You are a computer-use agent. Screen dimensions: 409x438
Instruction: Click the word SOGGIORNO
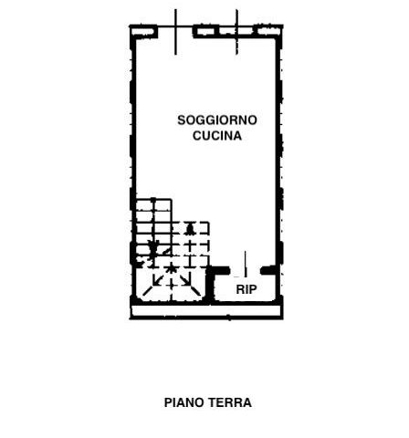click(217, 120)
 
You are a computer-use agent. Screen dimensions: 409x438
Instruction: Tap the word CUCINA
click(217, 136)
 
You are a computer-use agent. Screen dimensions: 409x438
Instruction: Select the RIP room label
click(246, 289)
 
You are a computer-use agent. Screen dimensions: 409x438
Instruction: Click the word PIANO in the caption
click(184, 402)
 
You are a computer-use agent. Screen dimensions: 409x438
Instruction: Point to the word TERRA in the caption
click(230, 402)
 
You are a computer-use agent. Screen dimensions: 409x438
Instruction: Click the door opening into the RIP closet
click(246, 264)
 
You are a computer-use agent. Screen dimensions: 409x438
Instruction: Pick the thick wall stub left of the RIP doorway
click(218, 270)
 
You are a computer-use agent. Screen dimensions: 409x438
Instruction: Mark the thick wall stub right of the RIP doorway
click(269, 270)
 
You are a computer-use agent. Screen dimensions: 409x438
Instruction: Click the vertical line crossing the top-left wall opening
click(175, 32)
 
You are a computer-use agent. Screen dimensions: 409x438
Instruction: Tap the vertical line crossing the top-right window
click(236, 32)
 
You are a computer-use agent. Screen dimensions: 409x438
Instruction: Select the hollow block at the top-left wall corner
click(144, 32)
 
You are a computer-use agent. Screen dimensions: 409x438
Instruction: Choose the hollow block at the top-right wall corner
click(269, 31)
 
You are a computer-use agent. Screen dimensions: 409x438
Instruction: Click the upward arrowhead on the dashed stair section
click(190, 229)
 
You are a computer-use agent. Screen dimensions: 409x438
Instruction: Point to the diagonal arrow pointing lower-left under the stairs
click(158, 280)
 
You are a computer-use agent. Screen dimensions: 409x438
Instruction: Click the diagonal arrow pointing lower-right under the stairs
click(184, 280)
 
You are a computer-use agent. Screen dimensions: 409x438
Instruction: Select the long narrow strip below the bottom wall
click(206, 311)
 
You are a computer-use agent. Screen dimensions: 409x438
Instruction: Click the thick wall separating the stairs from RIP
click(209, 286)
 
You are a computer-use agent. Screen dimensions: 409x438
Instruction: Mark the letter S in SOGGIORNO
click(182, 120)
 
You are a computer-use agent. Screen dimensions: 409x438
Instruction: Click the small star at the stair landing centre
click(172, 269)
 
